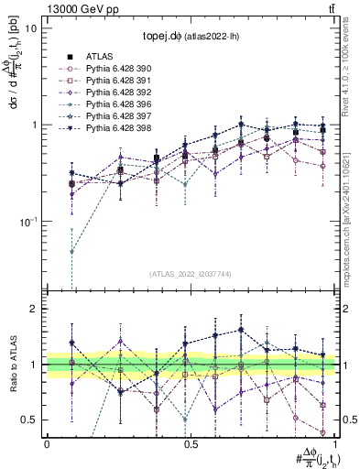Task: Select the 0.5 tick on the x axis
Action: coord(191,444)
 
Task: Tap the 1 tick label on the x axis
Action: coord(336,444)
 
